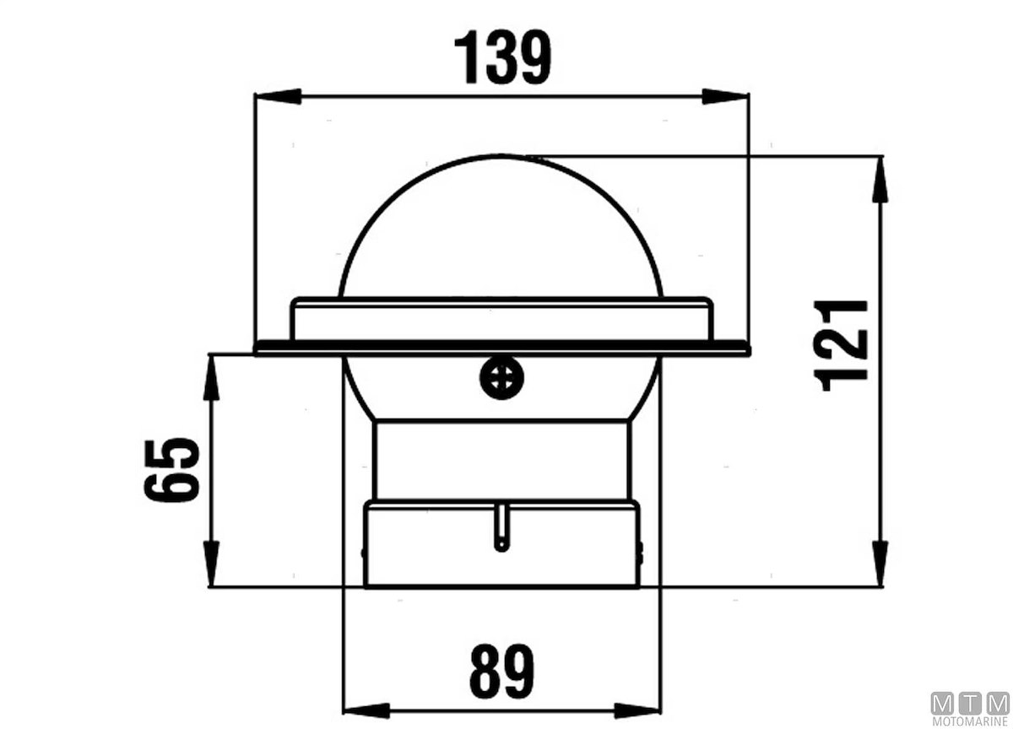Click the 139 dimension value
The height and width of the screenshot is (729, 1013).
tap(502, 57)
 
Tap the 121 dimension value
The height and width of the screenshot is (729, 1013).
tap(840, 345)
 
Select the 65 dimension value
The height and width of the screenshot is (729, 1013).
tap(171, 470)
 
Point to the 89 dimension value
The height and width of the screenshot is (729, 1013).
tap(502, 671)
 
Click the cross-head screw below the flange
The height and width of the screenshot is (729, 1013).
tap(501, 378)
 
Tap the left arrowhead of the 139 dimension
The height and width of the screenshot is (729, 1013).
tap(278, 96)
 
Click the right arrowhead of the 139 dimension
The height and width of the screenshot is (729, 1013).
tap(725, 96)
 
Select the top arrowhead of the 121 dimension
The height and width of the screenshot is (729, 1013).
tap(880, 179)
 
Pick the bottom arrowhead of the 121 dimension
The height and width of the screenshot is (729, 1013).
tap(880, 564)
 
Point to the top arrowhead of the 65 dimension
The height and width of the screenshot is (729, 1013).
tap(211, 378)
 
